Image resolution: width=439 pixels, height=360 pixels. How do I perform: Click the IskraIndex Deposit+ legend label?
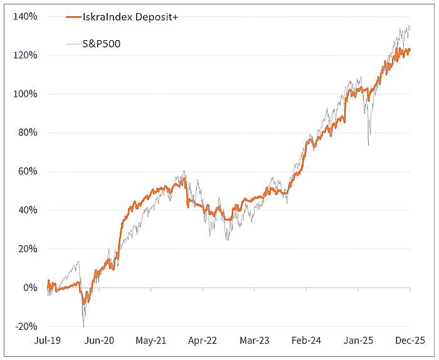tap(130, 18)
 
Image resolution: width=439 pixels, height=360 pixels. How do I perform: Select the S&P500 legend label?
tap(101, 44)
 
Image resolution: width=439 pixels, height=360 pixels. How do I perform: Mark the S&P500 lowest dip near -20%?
tap(83, 326)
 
